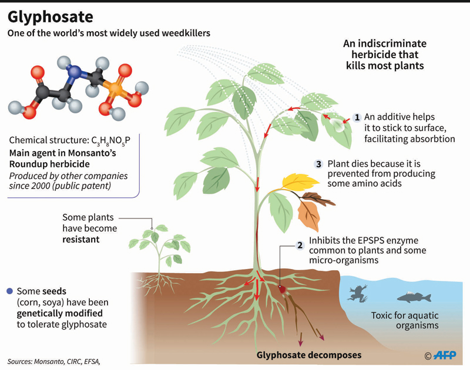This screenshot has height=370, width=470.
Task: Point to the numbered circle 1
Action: [x=357, y=117]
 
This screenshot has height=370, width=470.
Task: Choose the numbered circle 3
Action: [x=319, y=163]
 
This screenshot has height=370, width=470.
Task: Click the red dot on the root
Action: [x=282, y=289]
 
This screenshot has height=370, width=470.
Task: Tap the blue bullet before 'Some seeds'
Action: [x=9, y=291]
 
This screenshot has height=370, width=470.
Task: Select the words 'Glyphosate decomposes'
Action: [x=308, y=355]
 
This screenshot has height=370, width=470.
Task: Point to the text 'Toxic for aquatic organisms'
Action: [x=405, y=320]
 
